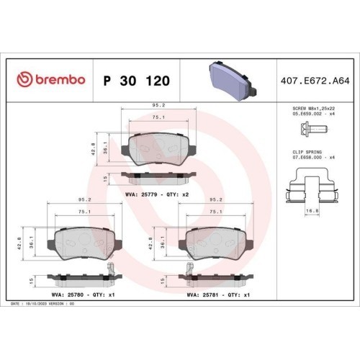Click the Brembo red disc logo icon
24,79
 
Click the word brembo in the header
60,79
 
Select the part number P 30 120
137,81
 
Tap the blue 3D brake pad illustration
233,80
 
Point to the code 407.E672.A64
315,81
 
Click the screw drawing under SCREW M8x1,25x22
313,129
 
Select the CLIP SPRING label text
307,152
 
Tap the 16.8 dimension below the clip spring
312,211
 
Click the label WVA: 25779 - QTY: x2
157,194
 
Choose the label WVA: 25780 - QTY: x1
83,294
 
